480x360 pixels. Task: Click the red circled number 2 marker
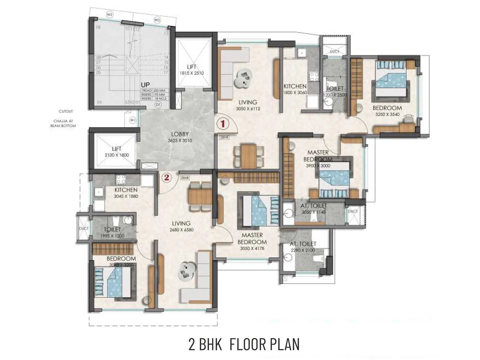coord(167,177)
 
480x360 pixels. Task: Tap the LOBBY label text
coord(180,134)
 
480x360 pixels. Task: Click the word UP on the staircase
coord(145,85)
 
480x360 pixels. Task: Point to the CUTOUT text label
coord(66,111)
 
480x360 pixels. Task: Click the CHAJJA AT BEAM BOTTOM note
coord(63,123)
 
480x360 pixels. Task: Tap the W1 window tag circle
coord(132,120)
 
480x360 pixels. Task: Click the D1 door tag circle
coord(158,104)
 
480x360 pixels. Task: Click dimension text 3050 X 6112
coord(248,109)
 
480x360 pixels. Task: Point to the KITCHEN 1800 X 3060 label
coord(295,89)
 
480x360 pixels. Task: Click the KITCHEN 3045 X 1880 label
coord(126,193)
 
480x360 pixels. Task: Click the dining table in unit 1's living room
coord(248,156)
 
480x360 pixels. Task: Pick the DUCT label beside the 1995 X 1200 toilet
coord(83,228)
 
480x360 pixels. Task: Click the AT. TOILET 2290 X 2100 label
coord(303,247)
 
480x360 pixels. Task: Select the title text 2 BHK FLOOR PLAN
coord(244,344)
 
